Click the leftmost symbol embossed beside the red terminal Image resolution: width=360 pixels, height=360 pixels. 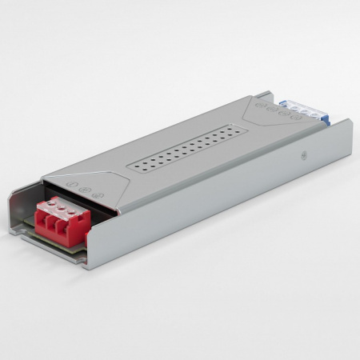[73, 184]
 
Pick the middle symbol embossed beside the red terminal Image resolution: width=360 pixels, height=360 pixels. [84, 188]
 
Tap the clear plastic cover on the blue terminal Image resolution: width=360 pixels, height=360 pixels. [297, 108]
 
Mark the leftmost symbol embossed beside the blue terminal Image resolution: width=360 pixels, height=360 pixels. [258, 104]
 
